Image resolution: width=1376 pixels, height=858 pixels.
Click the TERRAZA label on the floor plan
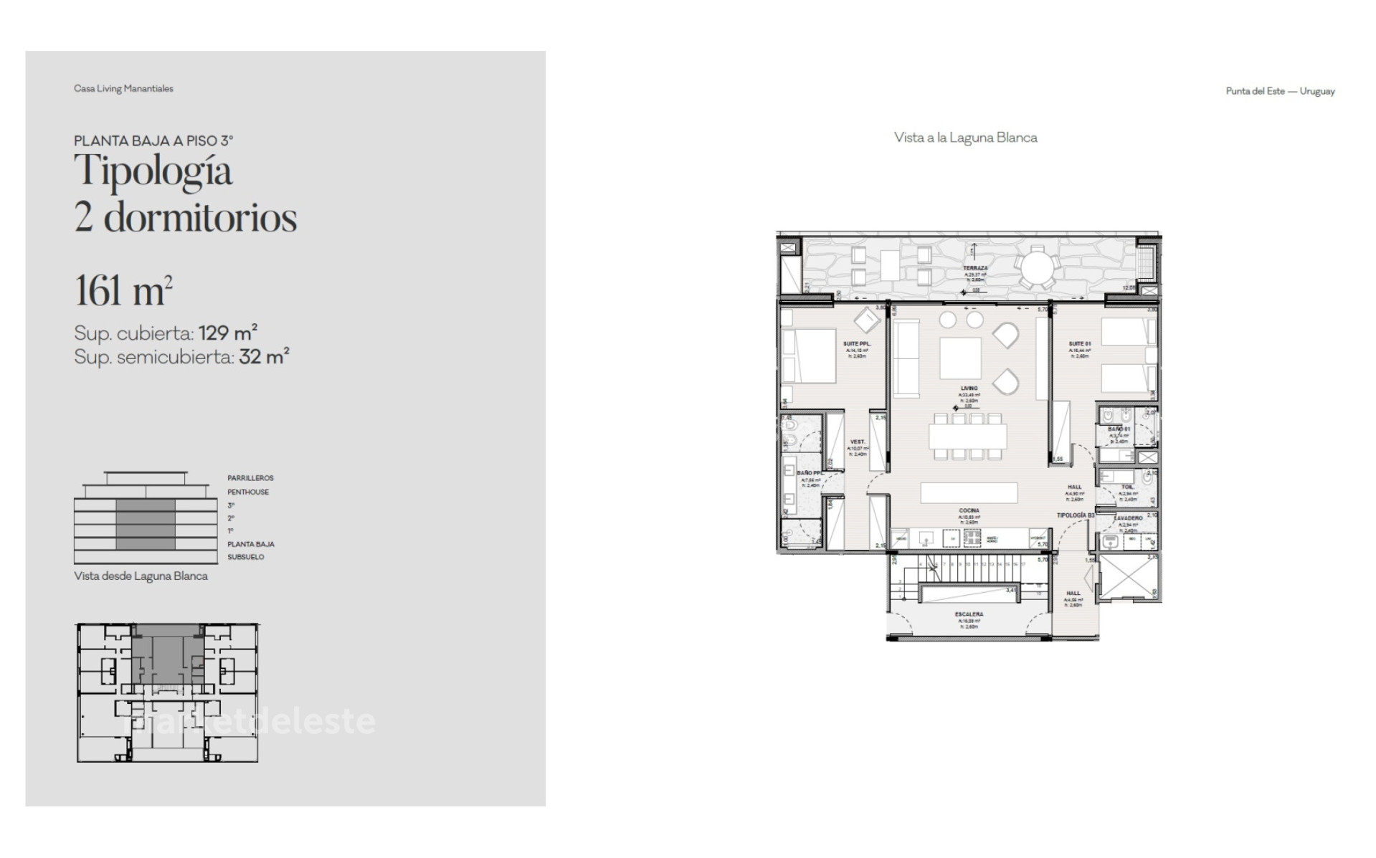(x=975, y=268)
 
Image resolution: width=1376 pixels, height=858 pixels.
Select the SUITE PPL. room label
(x=857, y=344)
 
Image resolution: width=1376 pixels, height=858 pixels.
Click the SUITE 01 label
(x=1079, y=344)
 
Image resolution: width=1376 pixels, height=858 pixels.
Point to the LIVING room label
(x=969, y=389)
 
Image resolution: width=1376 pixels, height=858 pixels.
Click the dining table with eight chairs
(x=968, y=436)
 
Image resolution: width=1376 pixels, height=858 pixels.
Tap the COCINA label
(x=969, y=511)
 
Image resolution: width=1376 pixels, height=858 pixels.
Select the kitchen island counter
(x=969, y=493)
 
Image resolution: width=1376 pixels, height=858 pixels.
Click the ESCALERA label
(x=969, y=614)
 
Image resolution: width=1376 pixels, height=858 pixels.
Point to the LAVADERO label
(x=1129, y=518)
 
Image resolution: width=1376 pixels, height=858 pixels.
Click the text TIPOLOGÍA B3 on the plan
(x=1076, y=515)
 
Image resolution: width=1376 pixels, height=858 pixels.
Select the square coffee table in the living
(x=961, y=358)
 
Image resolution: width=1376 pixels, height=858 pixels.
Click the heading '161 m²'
(x=123, y=290)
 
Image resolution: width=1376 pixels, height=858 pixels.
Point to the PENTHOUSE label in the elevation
(x=248, y=492)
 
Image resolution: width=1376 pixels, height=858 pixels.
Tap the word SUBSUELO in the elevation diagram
(x=246, y=557)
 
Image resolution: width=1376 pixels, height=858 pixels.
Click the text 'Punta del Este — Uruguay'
(x=1280, y=92)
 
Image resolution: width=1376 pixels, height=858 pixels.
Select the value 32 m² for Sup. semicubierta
(x=264, y=357)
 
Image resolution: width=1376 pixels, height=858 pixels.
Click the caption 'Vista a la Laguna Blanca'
(x=965, y=138)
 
